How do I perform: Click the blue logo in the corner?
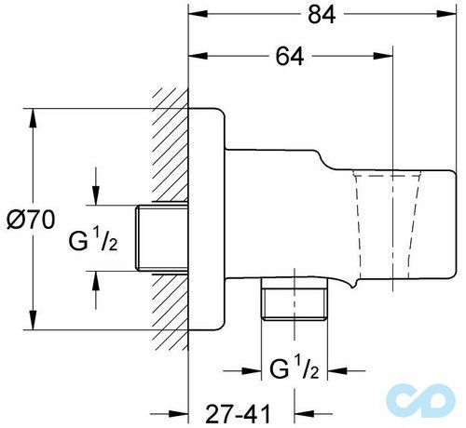click(x=432, y=401)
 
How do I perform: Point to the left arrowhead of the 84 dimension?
click(x=197, y=15)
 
